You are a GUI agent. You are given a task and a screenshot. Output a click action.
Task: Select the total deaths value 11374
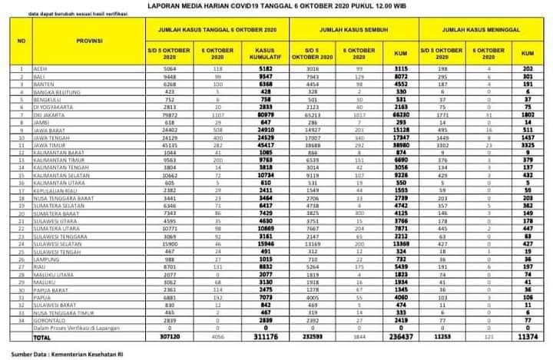[x=526, y=337]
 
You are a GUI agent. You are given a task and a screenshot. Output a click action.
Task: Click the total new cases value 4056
[x=218, y=337]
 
